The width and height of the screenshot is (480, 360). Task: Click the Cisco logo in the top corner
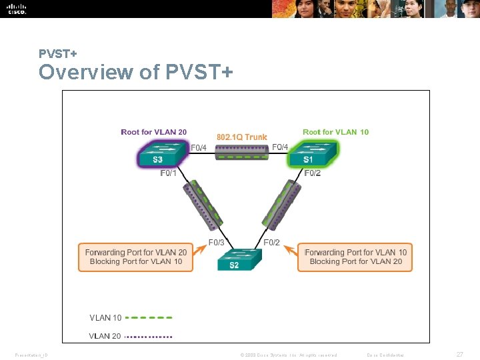pos(17,9)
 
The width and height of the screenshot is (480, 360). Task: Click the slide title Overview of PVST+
pos(135,71)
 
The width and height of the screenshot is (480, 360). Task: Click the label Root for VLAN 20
pos(153,132)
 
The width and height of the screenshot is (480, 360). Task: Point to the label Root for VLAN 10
pos(335,132)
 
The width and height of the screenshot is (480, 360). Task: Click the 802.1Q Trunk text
pos(241,137)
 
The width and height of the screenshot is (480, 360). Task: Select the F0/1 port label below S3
pos(169,173)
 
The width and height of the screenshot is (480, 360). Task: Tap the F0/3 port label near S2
pos(217,243)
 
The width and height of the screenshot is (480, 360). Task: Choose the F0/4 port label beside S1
pos(280,147)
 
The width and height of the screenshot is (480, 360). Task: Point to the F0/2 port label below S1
pos(312,173)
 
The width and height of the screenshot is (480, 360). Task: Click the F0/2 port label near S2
pos(272,243)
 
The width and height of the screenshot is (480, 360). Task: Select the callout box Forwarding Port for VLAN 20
pos(136,257)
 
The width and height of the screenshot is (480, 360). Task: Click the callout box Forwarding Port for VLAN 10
pos(355,257)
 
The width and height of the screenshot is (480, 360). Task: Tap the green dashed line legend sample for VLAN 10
pos(149,318)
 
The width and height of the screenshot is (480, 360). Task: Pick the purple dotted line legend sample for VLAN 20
pos(149,336)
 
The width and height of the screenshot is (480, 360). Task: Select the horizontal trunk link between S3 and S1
pos(242,153)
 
